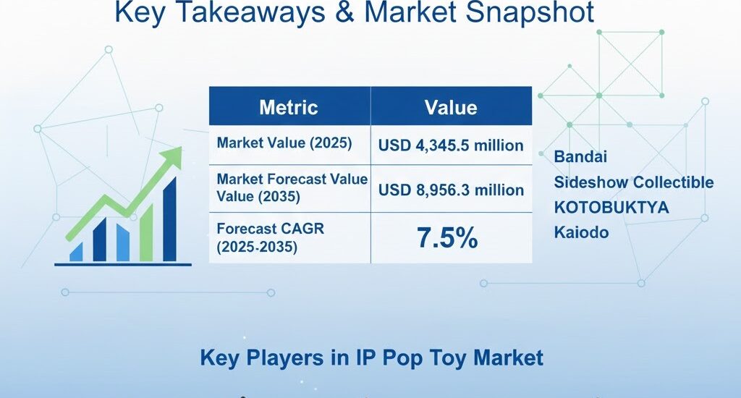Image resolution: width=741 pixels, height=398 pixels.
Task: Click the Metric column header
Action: coord(289,108)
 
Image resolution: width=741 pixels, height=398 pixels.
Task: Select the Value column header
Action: coord(450,108)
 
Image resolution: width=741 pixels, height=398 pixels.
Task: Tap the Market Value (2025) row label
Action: coord(284,143)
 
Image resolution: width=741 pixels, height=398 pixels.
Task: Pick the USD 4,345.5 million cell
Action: coord(451,145)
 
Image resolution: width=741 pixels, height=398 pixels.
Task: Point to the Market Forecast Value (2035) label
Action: coord(292,187)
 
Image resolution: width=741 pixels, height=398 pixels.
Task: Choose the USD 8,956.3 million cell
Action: coord(451,190)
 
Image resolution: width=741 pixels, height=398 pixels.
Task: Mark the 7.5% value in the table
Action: coord(447,237)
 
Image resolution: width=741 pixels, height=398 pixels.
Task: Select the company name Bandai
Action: coord(580,156)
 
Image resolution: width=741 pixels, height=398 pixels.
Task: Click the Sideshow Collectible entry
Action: coord(634,182)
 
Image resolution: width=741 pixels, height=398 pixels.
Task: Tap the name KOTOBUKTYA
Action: coord(611,208)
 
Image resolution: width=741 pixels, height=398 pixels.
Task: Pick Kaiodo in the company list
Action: coord(580,233)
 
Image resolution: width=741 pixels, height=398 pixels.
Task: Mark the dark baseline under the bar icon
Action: coord(123,264)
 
